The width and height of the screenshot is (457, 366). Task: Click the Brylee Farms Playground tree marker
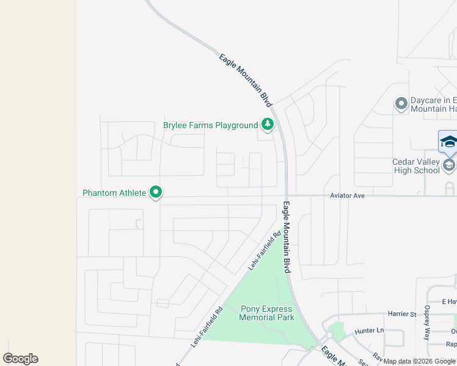(x=267, y=124)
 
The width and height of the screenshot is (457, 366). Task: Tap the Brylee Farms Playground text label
(x=211, y=126)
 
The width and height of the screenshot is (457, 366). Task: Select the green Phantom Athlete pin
(x=156, y=193)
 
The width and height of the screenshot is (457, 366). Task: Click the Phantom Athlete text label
(x=114, y=193)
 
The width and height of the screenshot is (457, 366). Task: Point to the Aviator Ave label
(x=347, y=195)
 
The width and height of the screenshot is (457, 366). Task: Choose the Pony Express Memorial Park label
(x=266, y=313)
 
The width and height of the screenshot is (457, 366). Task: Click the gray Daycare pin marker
(x=401, y=104)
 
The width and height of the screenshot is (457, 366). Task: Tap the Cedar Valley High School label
(x=415, y=166)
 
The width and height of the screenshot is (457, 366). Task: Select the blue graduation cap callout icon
(x=448, y=142)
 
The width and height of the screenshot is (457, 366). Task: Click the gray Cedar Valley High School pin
(x=449, y=165)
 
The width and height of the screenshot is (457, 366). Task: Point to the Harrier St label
(x=401, y=314)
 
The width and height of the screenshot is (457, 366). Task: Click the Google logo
(x=20, y=359)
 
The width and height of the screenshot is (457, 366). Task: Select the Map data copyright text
(x=419, y=362)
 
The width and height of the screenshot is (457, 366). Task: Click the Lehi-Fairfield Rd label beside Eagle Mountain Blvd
(x=264, y=251)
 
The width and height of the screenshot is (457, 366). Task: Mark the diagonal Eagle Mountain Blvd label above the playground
(x=245, y=81)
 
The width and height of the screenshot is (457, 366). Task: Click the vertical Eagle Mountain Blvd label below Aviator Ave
(x=286, y=237)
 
